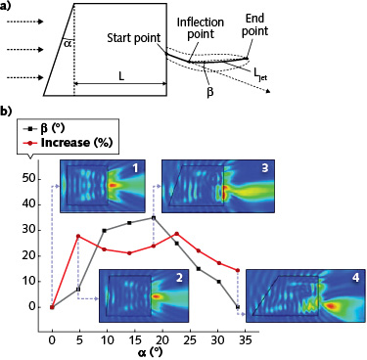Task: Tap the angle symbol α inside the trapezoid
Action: [66, 42]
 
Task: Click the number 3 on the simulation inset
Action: [236, 169]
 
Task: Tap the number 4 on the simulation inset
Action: [354, 279]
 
